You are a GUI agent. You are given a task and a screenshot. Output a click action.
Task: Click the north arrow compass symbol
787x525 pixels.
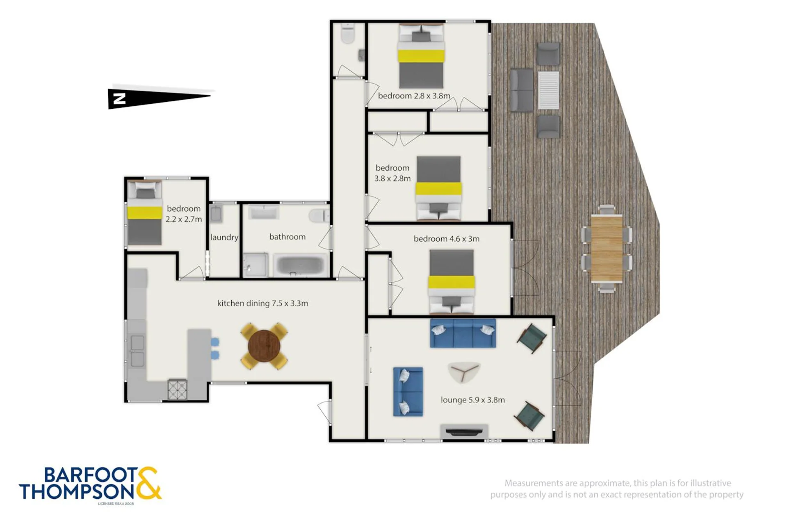160,98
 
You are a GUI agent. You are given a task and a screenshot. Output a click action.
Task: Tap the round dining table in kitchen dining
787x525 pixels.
264,346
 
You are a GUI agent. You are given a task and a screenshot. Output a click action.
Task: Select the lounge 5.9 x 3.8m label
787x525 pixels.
472,400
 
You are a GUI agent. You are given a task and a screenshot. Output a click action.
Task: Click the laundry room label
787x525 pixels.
224,237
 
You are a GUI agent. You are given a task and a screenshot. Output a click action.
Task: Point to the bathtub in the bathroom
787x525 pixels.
301,265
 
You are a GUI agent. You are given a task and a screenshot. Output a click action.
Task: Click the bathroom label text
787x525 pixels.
287,237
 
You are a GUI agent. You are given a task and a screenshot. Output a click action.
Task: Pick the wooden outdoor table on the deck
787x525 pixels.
607,249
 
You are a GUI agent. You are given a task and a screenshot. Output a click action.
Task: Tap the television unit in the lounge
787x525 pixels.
464,432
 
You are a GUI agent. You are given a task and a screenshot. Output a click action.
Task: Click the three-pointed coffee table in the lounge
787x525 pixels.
464,372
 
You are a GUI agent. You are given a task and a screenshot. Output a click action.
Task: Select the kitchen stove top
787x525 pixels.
178,390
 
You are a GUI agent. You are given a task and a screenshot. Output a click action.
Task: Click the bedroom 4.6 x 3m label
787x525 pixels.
446,239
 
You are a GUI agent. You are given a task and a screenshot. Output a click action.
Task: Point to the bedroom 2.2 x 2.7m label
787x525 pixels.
184,214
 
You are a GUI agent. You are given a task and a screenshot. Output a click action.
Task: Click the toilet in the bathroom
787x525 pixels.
319,216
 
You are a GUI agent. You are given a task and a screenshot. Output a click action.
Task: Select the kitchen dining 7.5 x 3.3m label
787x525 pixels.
262,304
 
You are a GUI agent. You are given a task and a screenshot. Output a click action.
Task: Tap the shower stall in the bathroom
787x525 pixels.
255,265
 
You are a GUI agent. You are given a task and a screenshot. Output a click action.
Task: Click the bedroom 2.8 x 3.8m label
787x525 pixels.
414,96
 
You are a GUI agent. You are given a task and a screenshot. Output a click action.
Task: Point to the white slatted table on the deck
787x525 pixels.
548,90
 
